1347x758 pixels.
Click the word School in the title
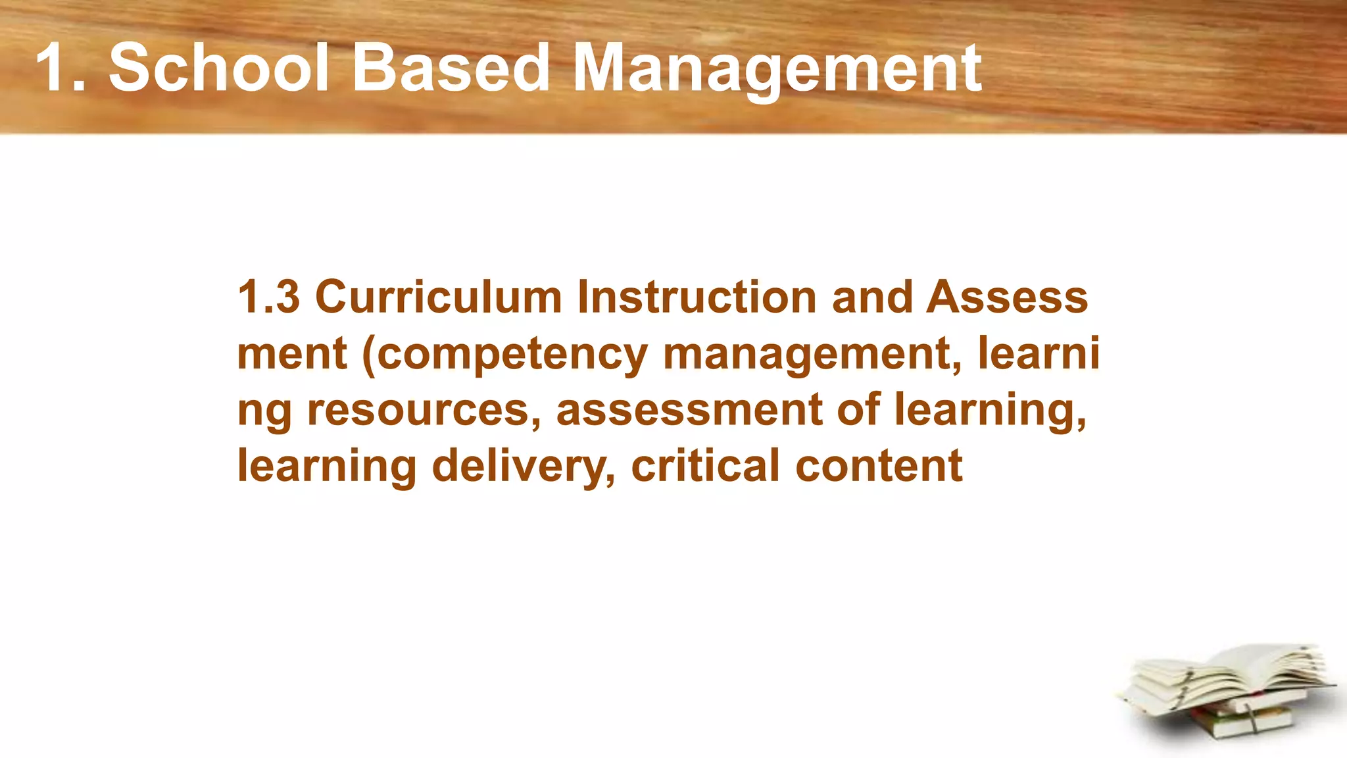pos(218,67)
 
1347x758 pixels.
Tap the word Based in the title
pos(451,67)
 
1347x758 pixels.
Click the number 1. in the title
pos(61,67)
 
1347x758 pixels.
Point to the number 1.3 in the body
pos(268,297)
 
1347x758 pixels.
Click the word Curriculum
pos(439,297)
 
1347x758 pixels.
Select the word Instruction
pos(697,297)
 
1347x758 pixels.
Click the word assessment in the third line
pos(689,410)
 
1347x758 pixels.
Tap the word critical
pos(705,466)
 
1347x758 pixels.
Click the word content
pos(879,466)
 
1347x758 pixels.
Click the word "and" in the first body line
pos(872,297)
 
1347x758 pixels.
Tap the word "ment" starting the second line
pos(291,354)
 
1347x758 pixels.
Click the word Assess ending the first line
pos(1006,297)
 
